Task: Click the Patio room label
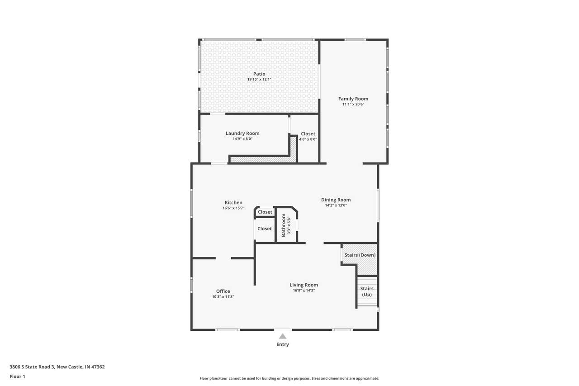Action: coord(259,74)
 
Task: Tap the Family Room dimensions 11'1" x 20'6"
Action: coord(353,104)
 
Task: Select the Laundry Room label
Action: coord(242,133)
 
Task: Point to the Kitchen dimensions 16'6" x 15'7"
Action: coord(233,208)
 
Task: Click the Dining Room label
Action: coord(336,200)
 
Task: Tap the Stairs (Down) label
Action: coord(360,255)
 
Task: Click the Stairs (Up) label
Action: coord(367,291)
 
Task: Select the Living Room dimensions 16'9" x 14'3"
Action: coord(304,291)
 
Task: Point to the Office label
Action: coord(223,291)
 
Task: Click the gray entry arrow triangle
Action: coord(283,336)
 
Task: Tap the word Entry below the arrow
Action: coord(283,344)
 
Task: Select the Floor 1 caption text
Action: coord(17,376)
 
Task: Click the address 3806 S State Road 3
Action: coord(32,367)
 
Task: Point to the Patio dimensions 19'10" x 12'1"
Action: coord(259,79)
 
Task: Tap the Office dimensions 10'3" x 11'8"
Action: coord(223,297)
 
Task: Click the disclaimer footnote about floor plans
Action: coord(289,378)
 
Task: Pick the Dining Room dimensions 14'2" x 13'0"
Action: coord(336,205)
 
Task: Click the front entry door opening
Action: coord(283,330)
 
